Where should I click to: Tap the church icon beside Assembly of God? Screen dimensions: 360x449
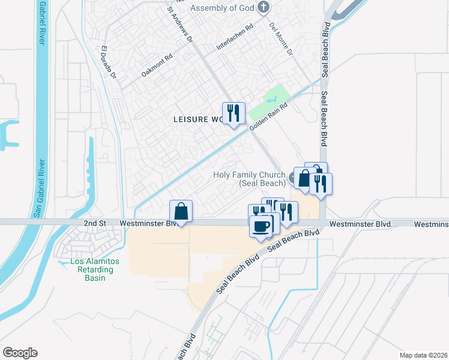[x=263, y=7]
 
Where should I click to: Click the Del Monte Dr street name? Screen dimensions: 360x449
[x=280, y=39]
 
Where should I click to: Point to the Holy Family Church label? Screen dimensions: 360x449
[x=249, y=179]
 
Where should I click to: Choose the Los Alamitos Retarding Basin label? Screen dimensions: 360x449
[x=95, y=269]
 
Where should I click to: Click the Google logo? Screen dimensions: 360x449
[x=20, y=353]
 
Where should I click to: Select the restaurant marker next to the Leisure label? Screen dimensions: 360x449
[x=233, y=113]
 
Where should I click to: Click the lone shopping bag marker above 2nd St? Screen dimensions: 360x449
[x=181, y=211]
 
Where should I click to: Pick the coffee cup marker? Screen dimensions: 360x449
[x=261, y=226]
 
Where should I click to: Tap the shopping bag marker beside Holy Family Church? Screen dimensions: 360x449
[x=304, y=179]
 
